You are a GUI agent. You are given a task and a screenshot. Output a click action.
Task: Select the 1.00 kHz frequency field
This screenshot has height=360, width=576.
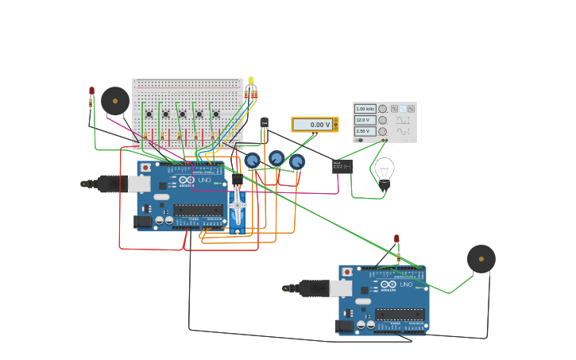[365, 109]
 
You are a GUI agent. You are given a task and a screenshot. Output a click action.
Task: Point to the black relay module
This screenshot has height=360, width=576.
[342, 166]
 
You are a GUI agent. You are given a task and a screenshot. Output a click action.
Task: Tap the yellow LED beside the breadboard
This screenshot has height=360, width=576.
[251, 81]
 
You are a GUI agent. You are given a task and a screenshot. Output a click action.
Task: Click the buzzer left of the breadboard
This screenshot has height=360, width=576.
[115, 101]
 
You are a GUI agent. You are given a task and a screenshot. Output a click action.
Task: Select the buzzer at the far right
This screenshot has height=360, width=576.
[481, 259]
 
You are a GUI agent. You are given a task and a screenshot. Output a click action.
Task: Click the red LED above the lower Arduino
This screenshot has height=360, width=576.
[396, 238]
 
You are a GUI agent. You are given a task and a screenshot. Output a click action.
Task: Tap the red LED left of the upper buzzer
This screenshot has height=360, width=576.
[92, 91]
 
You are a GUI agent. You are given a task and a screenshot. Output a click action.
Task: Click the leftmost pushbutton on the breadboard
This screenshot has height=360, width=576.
[149, 114]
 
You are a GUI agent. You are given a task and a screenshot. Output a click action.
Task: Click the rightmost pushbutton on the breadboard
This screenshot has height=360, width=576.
[215, 114]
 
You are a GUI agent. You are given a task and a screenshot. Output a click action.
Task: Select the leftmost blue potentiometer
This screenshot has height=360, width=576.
[252, 161]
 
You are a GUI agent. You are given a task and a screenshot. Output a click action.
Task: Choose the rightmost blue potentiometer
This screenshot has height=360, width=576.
[296, 162]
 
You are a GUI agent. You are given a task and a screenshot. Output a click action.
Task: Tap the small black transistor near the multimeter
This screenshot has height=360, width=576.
[265, 122]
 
